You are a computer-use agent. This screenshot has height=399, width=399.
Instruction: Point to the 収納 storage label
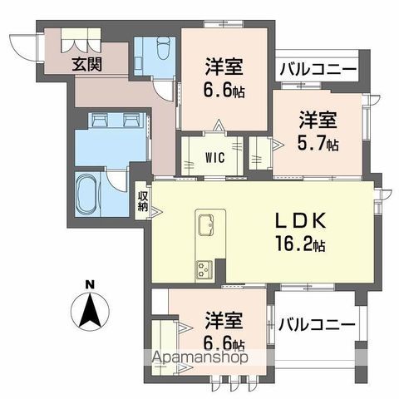coord(143,202)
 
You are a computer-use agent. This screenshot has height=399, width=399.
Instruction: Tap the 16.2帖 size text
coord(300,245)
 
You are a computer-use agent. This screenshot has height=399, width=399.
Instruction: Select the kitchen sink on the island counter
coord(206,225)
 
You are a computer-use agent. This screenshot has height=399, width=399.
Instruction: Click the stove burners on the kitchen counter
coord(204,268)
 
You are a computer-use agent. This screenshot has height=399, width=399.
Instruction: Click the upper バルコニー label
coord(317,69)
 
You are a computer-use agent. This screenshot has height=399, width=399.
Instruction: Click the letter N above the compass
coord(91,285)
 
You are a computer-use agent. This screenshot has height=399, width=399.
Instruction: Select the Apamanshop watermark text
coord(199,359)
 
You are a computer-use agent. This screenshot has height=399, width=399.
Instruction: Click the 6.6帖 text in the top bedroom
coord(224,89)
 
